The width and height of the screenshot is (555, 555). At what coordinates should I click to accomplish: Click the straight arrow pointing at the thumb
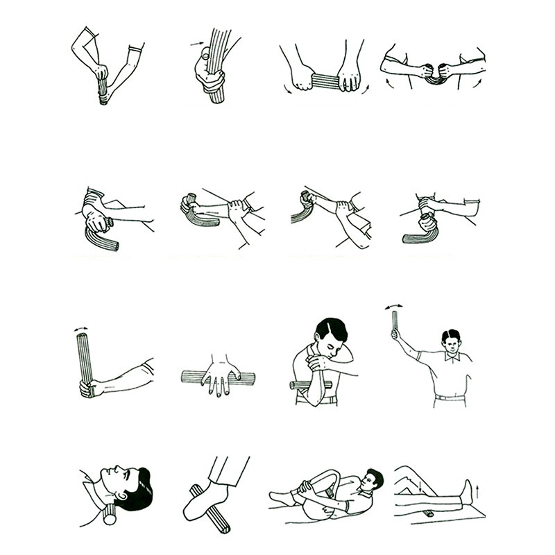[196, 44]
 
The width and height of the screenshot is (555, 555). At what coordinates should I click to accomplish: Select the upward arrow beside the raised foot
[477, 493]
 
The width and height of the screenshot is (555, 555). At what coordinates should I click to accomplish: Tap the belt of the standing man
[450, 398]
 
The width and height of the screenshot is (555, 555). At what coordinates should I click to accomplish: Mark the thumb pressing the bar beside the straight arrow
[206, 52]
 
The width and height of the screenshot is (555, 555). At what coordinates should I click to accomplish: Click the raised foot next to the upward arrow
[468, 492]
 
